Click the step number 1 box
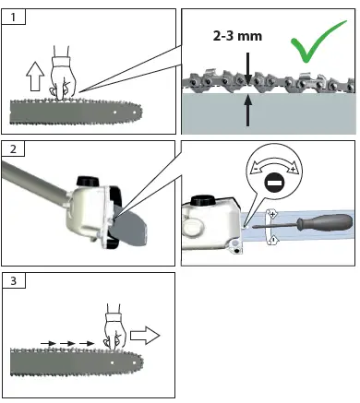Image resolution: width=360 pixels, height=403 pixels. click(14, 17)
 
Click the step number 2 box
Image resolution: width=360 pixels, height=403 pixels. click(14, 149)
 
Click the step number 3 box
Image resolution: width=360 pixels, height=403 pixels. click(14, 280)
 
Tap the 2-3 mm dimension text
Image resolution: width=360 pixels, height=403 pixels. click(237, 36)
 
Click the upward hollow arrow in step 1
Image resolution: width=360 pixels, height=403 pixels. click(35, 77)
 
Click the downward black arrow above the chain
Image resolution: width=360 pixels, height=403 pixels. click(247, 68)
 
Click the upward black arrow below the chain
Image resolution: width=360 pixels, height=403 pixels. click(247, 111)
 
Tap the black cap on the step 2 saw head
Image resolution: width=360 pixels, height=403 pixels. click(88, 181)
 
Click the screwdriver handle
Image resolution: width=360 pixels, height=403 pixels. click(324, 222)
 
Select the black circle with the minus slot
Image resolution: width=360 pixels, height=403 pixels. click(274, 184)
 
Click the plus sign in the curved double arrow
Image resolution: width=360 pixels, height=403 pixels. click(293, 169)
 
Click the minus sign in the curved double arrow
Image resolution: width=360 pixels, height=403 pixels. click(256, 169)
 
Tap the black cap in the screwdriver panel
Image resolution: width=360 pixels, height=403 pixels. click(202, 200)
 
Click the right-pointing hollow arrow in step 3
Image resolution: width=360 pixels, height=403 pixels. click(145, 336)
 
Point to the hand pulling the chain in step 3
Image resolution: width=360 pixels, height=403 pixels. click(115, 326)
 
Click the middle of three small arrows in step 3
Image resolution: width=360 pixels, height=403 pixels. click(67, 343)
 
